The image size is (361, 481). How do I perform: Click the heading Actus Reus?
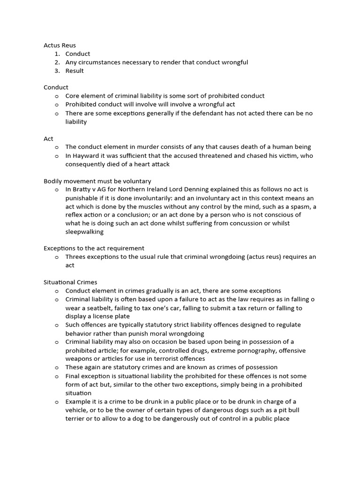[60, 46]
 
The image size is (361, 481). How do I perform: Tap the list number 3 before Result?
[56, 71]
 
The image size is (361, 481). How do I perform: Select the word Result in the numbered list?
[74, 71]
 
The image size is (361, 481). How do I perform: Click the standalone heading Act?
[48, 139]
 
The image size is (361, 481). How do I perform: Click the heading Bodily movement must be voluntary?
[97, 181]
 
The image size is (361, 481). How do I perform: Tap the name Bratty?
[83, 189]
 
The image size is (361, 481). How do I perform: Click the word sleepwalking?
[85, 232]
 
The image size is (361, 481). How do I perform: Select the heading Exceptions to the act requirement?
[94, 248]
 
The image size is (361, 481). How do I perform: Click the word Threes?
[76, 256]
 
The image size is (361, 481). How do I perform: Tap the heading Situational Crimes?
[71, 282]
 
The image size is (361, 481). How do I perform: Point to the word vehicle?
[78, 410]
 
